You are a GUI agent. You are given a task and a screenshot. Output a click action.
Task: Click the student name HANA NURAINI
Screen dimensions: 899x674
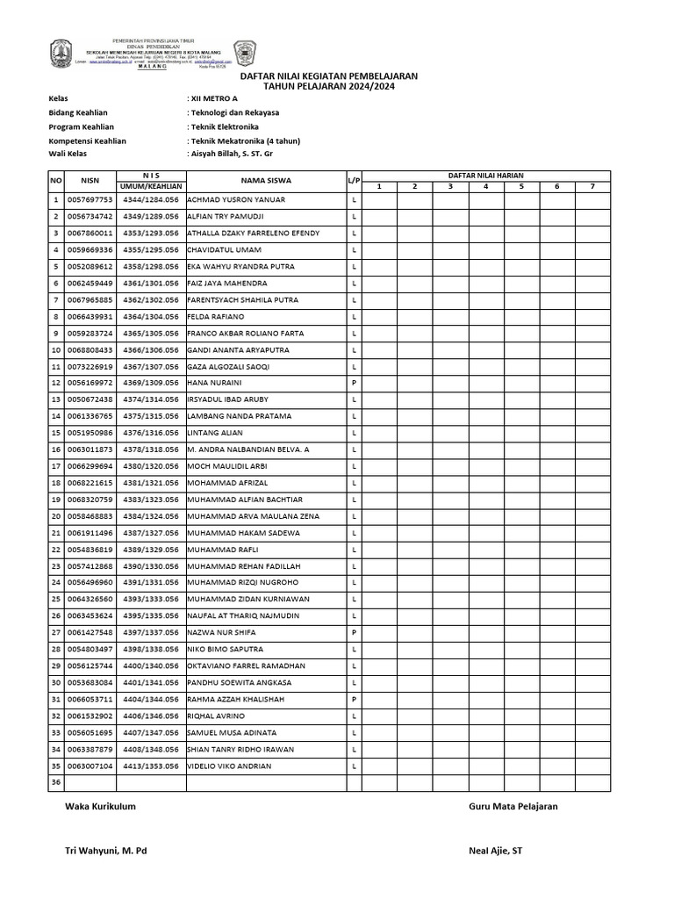(215, 383)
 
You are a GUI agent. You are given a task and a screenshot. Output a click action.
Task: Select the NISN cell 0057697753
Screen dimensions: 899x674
(90, 200)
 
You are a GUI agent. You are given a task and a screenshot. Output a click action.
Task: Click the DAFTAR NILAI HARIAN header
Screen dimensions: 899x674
(485, 176)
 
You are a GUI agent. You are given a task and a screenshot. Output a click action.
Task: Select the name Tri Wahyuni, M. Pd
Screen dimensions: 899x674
(106, 851)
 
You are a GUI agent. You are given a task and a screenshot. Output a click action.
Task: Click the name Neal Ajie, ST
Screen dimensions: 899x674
(497, 851)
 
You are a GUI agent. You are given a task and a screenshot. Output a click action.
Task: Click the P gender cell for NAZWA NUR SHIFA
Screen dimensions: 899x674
(354, 633)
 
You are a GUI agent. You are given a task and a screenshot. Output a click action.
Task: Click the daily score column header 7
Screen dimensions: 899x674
(592, 186)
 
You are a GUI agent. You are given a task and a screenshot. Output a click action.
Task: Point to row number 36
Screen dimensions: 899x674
(56, 783)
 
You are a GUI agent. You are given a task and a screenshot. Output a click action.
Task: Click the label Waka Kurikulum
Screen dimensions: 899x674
(100, 807)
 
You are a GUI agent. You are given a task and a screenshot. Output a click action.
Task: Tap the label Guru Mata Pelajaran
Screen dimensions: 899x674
(513, 807)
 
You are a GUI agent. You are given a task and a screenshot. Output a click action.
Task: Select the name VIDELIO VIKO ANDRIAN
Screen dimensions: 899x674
(230, 766)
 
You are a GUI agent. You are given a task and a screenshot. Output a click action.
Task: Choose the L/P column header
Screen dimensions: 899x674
(354, 181)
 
